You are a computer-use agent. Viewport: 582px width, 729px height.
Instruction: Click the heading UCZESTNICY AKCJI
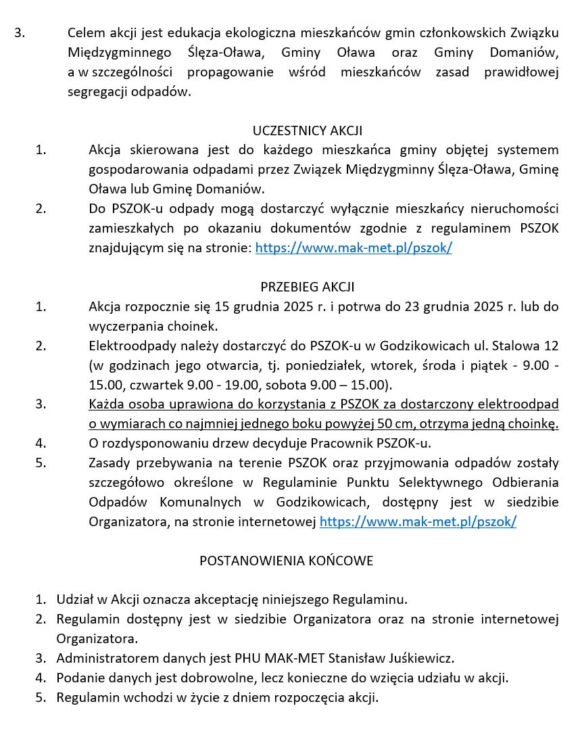pyautogui.click(x=308, y=131)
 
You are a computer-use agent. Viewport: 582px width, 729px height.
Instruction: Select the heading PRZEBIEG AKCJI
pyautogui.click(x=308, y=287)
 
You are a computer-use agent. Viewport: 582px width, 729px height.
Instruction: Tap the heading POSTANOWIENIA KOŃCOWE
pyautogui.click(x=286, y=561)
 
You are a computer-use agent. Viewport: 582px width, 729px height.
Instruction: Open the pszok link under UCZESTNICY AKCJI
pyautogui.click(x=354, y=248)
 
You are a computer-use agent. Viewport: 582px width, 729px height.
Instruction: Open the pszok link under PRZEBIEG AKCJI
pyautogui.click(x=418, y=521)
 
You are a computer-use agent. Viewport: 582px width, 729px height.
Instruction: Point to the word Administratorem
pyautogui.click(x=103, y=657)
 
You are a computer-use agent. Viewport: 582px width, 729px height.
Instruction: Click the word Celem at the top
pyautogui.click(x=86, y=33)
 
